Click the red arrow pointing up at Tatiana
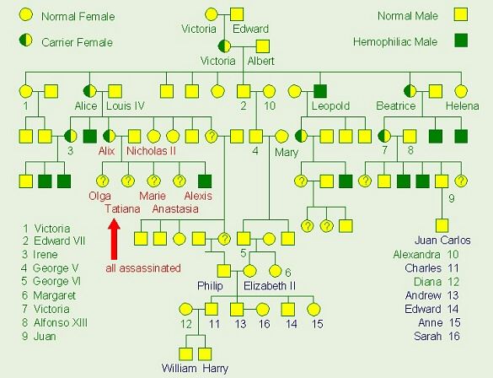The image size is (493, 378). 114,239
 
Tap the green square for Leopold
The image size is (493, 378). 320,92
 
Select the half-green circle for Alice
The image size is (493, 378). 89,91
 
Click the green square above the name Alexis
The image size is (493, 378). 205,181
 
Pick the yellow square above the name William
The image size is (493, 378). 185,354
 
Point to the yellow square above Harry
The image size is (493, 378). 205,354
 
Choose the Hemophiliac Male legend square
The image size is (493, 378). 461,40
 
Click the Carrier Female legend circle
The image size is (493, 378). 26,40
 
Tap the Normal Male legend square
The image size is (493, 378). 461,15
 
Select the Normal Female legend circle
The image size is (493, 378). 26,14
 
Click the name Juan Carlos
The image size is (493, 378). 442,240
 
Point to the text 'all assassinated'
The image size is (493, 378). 143,268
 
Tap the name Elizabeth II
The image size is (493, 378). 270,286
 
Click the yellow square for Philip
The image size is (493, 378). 224,271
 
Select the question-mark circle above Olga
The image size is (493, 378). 103,181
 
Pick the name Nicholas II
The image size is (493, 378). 151,151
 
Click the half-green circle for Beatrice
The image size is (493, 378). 410,91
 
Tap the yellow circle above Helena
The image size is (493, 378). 461,91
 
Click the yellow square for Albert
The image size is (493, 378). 263,46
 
